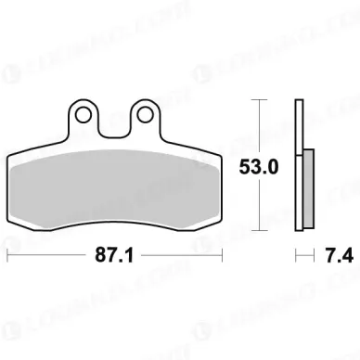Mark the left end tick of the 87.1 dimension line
pyautogui.click(x=8, y=253)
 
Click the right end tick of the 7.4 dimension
pyautogui.click(x=312, y=253)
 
